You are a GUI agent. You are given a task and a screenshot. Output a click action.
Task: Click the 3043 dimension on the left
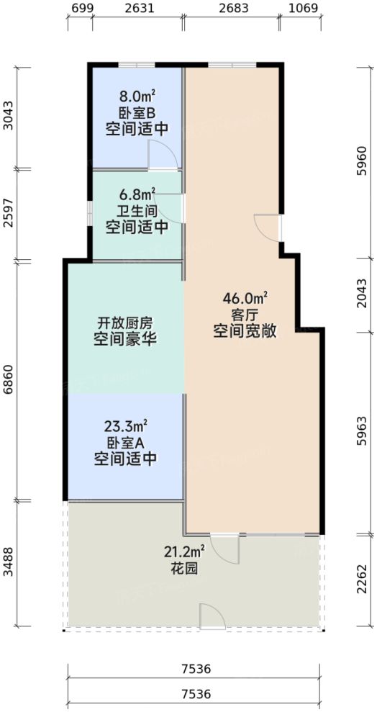8,115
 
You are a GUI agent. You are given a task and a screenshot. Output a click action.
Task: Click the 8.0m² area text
137,96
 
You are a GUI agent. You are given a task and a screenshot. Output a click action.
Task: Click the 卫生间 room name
137,211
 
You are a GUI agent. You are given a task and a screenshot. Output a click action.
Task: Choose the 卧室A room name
126,441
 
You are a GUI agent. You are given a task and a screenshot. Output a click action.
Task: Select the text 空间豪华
126,338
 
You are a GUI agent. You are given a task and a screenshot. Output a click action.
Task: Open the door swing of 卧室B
159,156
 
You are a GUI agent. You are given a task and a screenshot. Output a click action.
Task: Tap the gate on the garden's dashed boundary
213,616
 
